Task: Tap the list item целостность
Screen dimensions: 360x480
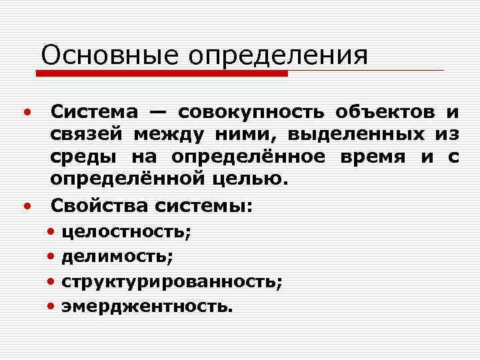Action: (126, 232)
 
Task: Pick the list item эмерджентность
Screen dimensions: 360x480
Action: (147, 306)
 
